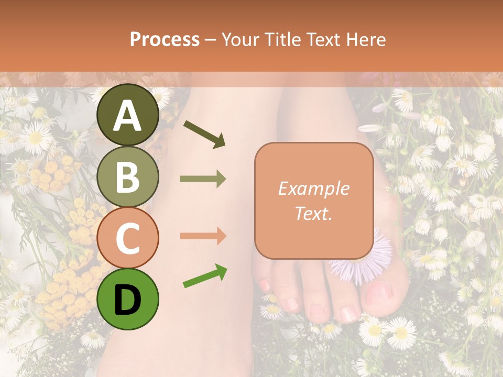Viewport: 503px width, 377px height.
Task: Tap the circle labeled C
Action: (128, 238)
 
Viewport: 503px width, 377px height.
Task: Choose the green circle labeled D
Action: (128, 299)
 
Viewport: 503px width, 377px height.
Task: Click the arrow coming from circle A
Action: (204, 134)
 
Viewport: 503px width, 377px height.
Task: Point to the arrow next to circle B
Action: (203, 179)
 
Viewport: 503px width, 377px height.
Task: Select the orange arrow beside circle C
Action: (203, 236)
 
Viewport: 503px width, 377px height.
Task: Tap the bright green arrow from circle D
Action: (205, 276)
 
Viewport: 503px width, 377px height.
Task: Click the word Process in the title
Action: (165, 40)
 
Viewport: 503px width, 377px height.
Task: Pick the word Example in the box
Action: (313, 188)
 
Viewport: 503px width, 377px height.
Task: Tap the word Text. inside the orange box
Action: (313, 213)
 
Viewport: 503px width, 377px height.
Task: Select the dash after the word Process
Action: (210, 40)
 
